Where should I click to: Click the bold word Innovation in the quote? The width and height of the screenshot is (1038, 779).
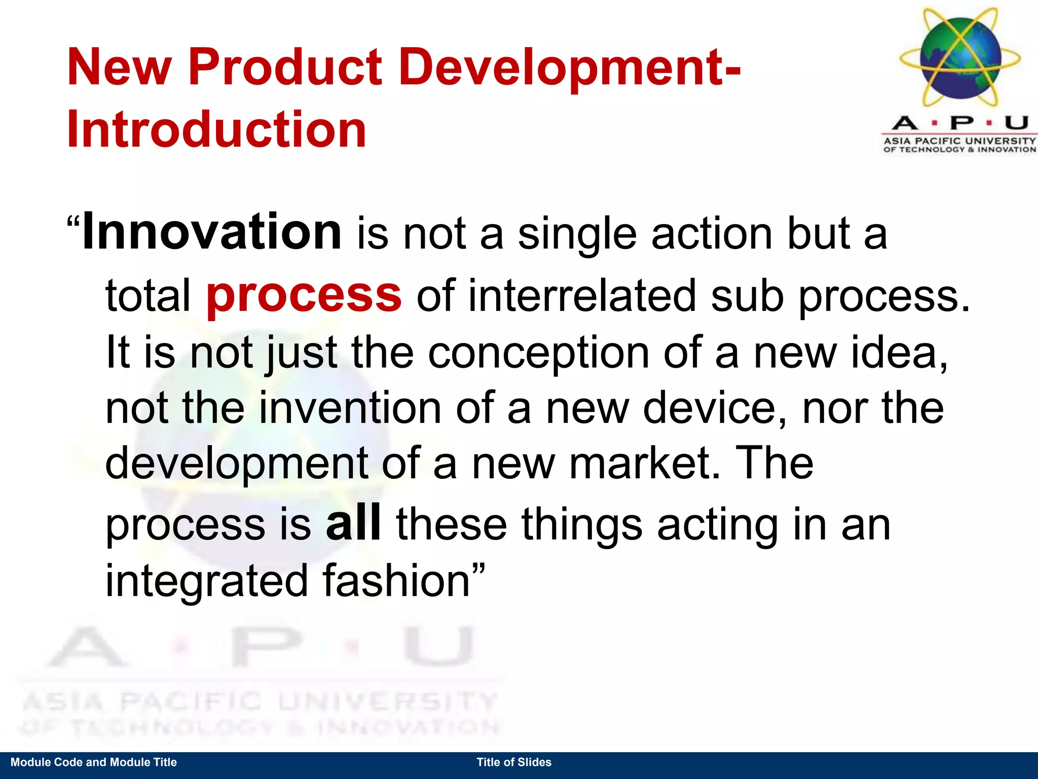[x=212, y=233]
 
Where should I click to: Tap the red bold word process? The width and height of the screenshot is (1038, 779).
[x=304, y=295]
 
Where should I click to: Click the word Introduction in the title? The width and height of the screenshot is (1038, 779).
[x=216, y=130]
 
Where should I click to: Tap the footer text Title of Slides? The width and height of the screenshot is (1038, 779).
[x=513, y=762]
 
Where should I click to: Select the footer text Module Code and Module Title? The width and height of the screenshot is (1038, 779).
[x=94, y=762]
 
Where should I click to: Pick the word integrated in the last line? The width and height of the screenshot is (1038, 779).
[x=206, y=582]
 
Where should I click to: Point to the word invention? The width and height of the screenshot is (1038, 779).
[x=350, y=408]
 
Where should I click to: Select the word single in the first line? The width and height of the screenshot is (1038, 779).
[x=577, y=235]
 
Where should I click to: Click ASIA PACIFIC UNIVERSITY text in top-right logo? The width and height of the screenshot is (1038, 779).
[x=960, y=140]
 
